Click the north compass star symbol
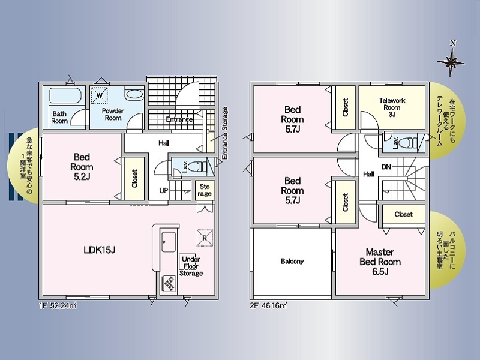451,62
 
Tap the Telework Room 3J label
392,107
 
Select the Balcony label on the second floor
292,262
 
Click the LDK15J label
100,250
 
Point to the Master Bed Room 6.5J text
380,262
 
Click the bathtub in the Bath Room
65,95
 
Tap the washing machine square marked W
100,95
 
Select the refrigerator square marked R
205,238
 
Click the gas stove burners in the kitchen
169,283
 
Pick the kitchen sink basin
169,242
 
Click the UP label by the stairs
164,190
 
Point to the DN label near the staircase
386,167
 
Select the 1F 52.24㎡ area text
58,305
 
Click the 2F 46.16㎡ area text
268,305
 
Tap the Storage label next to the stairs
205,190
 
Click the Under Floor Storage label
191,266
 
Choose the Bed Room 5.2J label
82,167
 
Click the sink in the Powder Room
134,95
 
